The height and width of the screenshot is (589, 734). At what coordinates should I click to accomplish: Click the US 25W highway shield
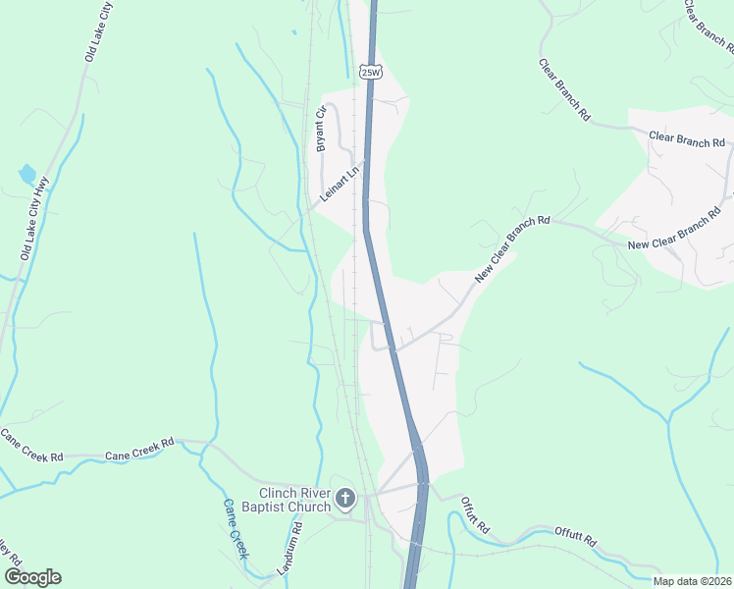pos(369,73)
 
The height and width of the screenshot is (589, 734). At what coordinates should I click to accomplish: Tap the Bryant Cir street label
pos(320,129)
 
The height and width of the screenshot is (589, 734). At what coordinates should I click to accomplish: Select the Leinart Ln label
pos(341,185)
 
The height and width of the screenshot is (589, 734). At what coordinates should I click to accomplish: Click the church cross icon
pos(344,500)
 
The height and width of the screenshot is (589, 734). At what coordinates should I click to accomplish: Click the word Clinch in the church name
pos(280,493)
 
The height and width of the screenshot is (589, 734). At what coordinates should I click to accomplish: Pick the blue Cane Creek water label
pos(236,530)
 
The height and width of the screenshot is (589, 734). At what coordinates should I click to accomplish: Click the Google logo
pos(32,577)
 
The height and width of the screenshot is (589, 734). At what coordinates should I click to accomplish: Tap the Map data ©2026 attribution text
pos(692,580)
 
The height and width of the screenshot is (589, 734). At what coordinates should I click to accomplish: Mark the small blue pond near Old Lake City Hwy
pos(26,176)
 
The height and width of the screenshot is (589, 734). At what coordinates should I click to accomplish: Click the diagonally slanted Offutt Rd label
pos(475,515)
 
